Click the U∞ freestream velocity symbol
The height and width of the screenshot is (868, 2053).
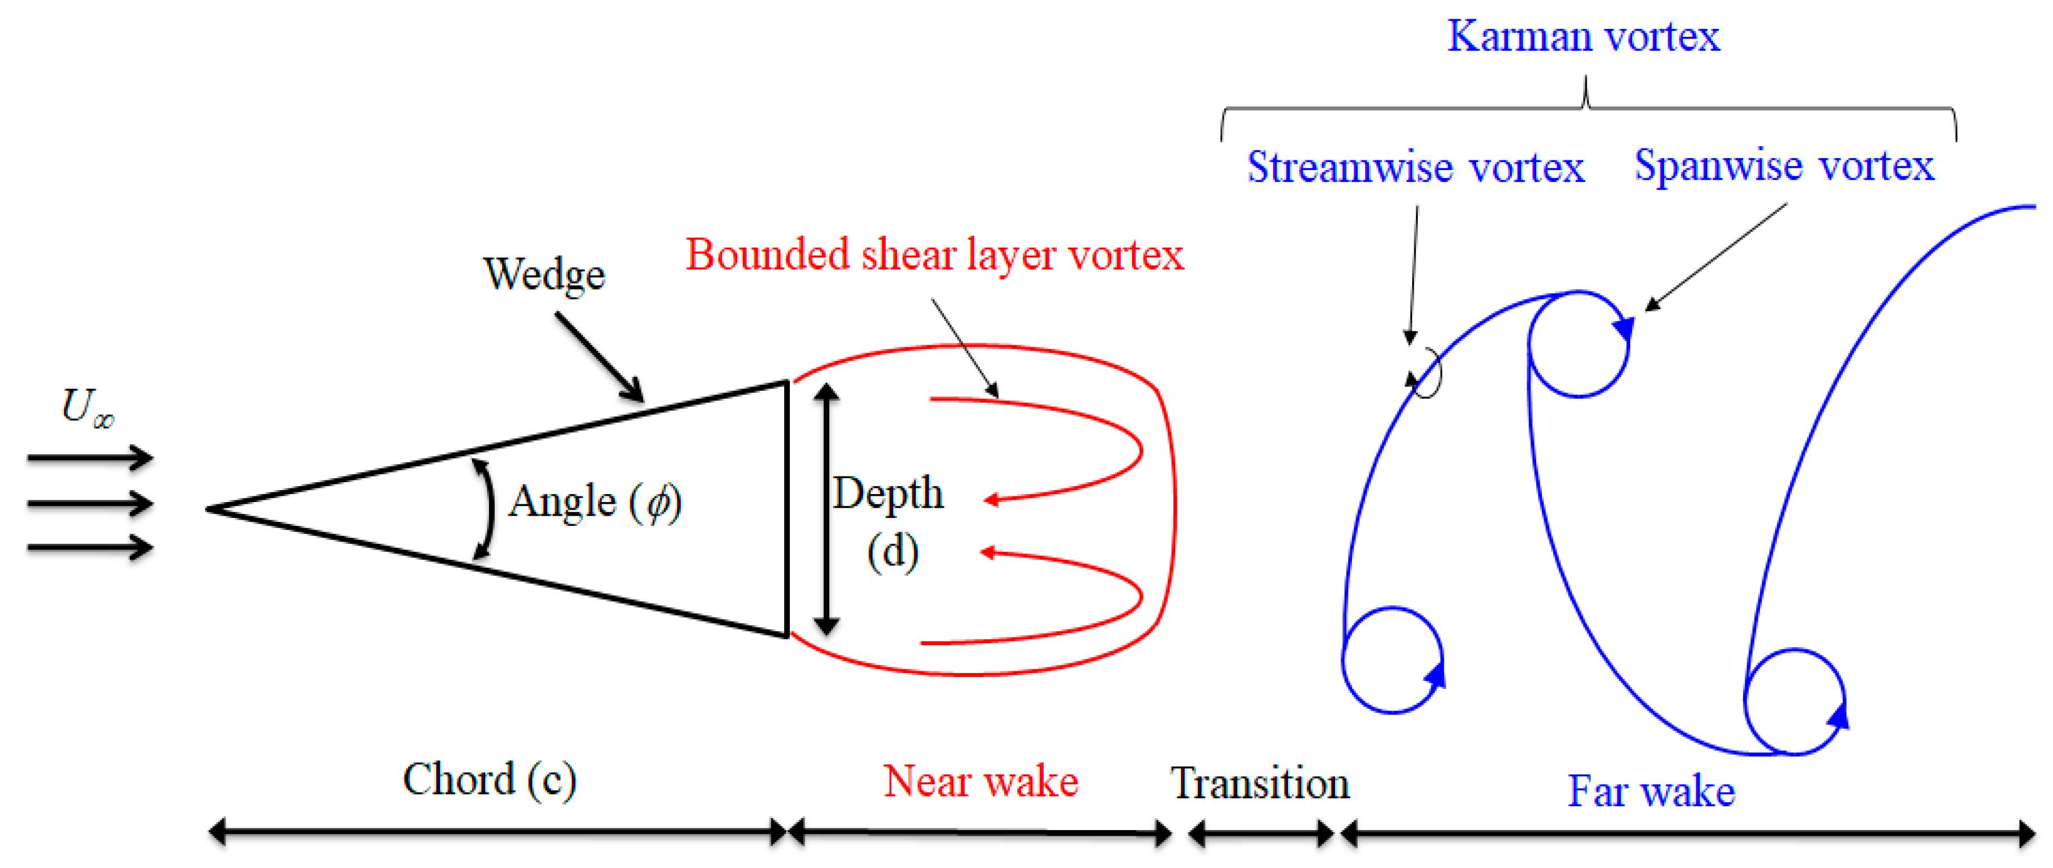click(87, 407)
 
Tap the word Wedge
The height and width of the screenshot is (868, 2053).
click(545, 274)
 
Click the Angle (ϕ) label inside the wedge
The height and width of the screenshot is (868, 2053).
click(594, 502)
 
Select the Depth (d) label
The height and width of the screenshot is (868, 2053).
click(889, 522)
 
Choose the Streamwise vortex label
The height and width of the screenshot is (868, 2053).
click(1416, 167)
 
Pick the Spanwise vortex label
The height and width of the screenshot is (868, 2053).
click(1784, 166)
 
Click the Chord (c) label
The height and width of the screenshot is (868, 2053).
click(490, 780)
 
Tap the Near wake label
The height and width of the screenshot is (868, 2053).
click(980, 781)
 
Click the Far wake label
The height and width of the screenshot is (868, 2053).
click(1651, 791)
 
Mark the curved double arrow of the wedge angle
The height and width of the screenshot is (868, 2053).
click(486, 509)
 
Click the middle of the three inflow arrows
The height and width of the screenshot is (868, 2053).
click(90, 503)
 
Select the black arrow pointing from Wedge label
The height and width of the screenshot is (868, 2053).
click(600, 356)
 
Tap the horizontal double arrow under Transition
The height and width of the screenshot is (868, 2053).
click(1260, 835)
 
